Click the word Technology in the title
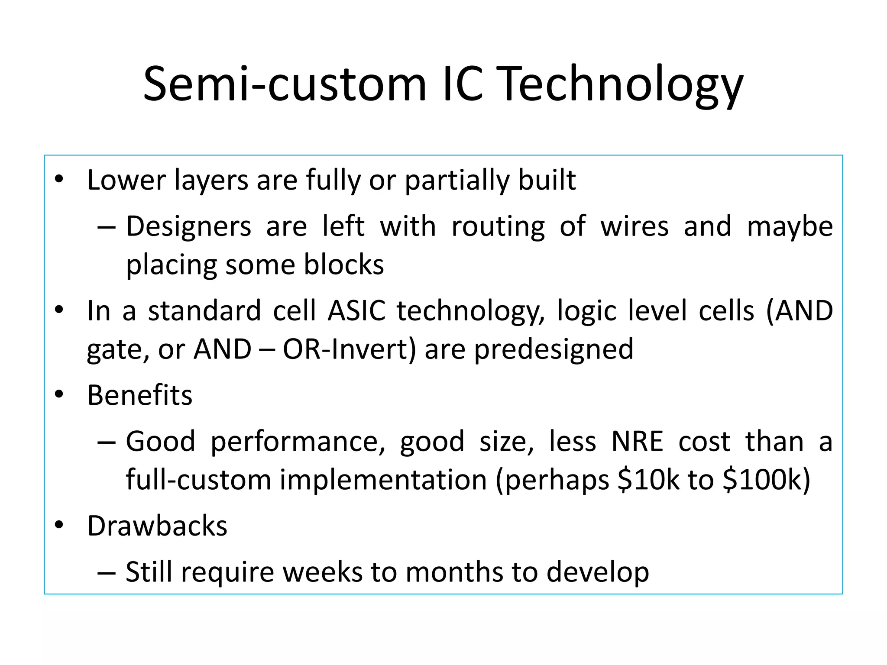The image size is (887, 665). [621, 84]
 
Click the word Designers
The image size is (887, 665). [188, 227]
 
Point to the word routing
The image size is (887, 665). [498, 227]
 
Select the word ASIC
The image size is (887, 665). [356, 311]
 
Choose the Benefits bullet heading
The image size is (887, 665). [139, 395]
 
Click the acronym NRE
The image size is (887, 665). [637, 442]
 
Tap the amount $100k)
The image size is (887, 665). [766, 480]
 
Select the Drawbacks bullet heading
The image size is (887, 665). [157, 526]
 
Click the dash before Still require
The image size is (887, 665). [107, 573]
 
